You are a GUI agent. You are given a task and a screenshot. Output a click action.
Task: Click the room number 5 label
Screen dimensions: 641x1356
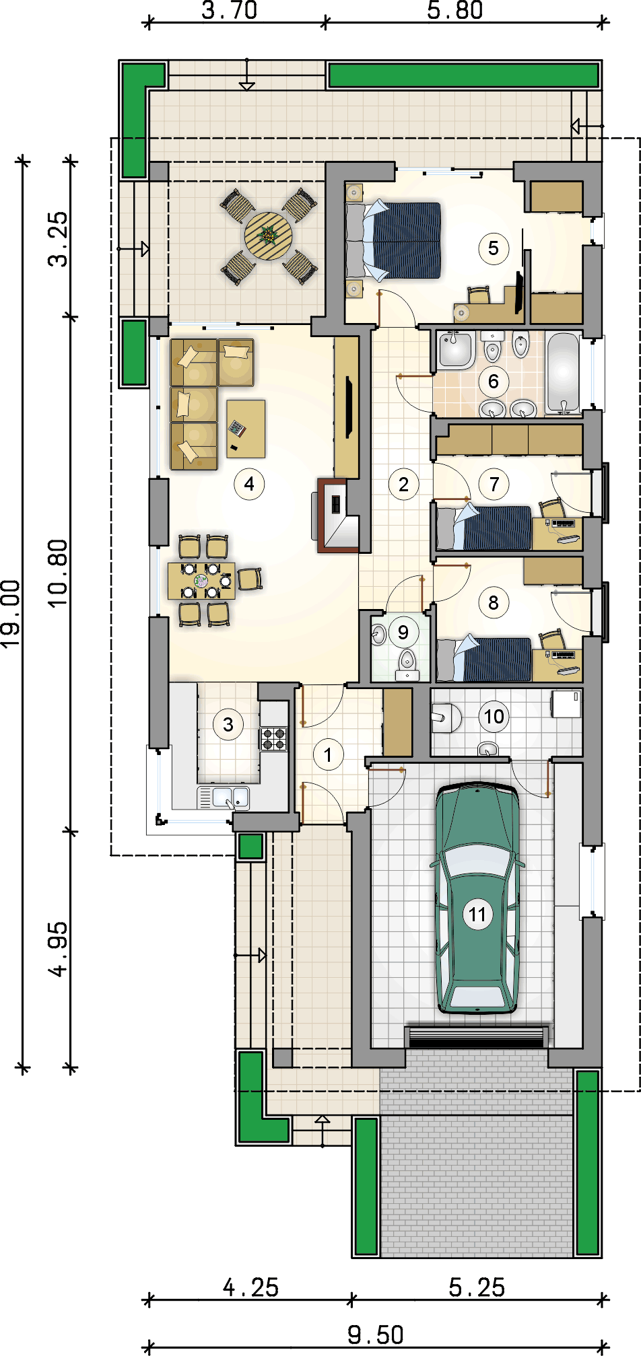494,248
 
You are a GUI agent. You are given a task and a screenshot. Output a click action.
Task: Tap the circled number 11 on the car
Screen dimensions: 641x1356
477,915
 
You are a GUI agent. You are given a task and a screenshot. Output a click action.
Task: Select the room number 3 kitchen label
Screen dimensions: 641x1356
228,725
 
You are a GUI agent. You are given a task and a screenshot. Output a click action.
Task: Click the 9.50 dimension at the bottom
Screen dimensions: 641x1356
376,1334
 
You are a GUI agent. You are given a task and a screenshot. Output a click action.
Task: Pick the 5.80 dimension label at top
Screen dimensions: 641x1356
455,10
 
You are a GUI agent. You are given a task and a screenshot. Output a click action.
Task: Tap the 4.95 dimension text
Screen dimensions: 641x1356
59,948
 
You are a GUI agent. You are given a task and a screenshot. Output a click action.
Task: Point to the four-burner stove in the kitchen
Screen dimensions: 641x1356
274,739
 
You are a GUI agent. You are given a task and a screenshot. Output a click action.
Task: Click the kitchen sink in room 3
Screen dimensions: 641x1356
230,797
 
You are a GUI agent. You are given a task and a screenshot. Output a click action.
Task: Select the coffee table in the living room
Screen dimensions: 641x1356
246,429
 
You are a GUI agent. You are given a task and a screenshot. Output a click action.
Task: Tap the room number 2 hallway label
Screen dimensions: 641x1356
404,484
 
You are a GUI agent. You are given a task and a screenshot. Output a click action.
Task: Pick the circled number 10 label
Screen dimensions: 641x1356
494,717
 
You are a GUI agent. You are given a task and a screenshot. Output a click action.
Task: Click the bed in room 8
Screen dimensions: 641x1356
484,659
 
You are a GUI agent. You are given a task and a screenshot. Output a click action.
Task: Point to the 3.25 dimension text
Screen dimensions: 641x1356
59,239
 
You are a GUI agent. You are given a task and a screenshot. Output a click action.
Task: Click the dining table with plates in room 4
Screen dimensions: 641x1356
201,581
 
